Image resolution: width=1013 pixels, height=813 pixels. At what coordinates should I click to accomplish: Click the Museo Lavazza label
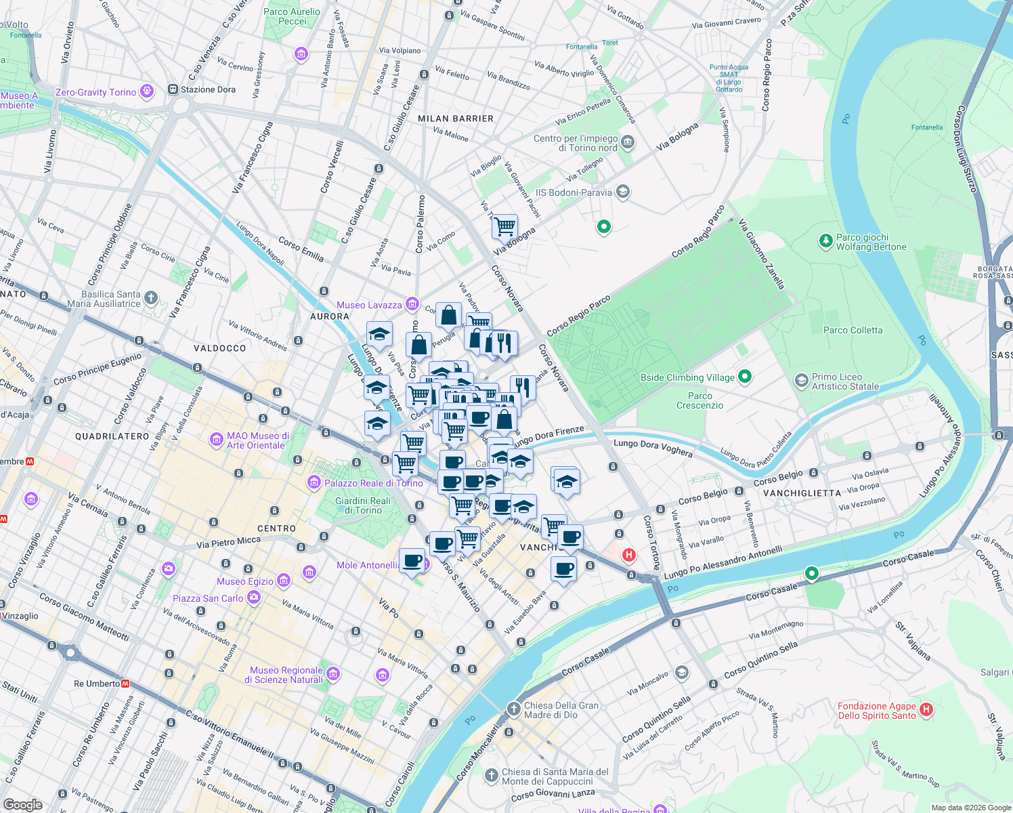point(369,305)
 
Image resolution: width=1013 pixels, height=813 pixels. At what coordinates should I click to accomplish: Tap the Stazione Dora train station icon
point(173,89)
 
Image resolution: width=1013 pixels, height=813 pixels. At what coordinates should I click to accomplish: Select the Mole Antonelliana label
point(368,565)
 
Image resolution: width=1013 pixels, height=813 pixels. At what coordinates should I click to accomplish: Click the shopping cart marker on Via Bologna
point(504,226)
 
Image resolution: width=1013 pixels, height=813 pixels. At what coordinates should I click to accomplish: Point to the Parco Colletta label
point(853,330)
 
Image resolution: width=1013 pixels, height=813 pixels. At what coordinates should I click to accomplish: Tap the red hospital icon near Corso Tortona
point(629,556)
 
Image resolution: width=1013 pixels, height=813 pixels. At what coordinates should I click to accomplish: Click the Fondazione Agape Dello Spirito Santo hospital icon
point(926,709)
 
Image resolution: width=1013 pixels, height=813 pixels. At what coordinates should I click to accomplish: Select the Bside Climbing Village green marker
point(745,376)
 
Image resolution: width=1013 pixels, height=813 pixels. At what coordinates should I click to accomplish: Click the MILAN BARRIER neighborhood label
point(456,119)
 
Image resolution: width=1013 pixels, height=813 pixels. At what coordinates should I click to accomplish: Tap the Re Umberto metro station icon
point(125,684)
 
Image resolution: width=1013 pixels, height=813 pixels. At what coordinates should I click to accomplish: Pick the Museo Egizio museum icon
point(284,581)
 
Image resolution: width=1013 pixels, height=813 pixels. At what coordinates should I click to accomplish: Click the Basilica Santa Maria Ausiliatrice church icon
point(151,297)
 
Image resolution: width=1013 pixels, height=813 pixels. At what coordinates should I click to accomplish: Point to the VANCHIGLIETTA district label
point(802,493)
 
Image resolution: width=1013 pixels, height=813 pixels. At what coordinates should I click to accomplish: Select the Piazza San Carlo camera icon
point(254,597)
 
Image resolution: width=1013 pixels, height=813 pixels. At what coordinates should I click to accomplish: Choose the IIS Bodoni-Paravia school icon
point(623,192)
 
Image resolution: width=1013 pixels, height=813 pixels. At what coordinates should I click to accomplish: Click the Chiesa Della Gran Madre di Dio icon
point(514,709)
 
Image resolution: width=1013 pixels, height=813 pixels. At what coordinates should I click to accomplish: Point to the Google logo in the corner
point(22,804)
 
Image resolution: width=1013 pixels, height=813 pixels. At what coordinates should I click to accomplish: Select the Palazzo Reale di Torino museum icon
point(314,482)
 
